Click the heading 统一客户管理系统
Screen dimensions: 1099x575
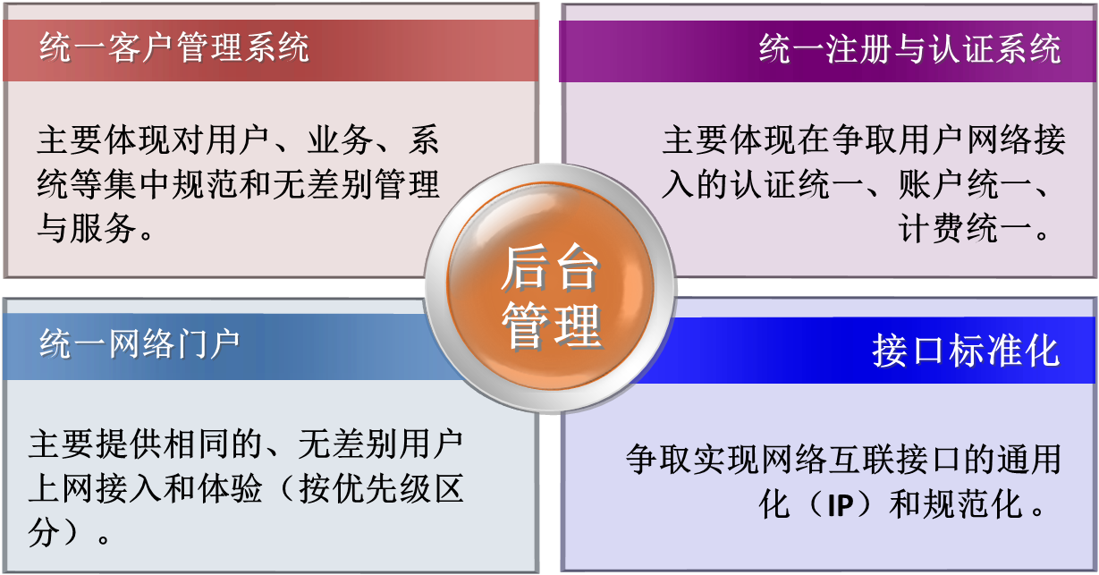pyautogui.click(x=174, y=47)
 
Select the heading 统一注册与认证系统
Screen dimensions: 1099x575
pyautogui.click(x=910, y=48)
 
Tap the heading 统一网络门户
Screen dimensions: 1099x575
pyautogui.click(x=139, y=344)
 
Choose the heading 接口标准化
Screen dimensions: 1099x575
pyautogui.click(x=966, y=351)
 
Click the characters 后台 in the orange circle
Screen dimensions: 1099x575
pyautogui.click(x=550, y=268)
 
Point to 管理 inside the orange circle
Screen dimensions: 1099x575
pyautogui.click(x=552, y=326)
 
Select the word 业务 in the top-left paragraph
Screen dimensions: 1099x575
pyautogui.click(x=340, y=140)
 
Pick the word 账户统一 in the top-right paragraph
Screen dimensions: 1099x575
pyautogui.click(x=965, y=184)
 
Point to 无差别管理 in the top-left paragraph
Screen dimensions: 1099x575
pyautogui.click(x=356, y=184)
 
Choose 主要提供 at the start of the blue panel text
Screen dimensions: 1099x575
pyautogui.click(x=95, y=444)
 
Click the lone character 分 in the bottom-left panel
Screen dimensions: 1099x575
pyautogui.click(x=44, y=533)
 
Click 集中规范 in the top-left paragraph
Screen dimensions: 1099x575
pyautogui.click(x=170, y=184)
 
